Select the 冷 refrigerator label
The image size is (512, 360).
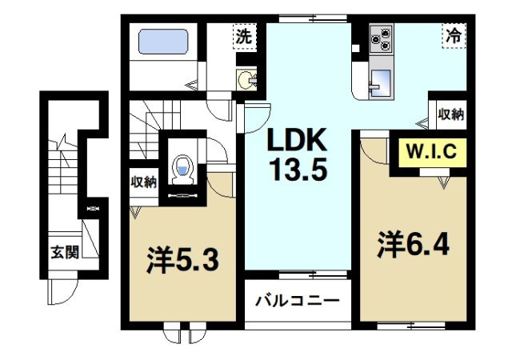click(x=453, y=35)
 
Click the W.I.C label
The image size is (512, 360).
click(x=433, y=151)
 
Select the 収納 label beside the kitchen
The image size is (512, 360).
click(x=451, y=114)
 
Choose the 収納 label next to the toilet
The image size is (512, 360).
click(x=144, y=181)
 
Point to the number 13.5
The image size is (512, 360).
click(x=298, y=171)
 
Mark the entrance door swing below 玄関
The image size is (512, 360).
click(x=62, y=291)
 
